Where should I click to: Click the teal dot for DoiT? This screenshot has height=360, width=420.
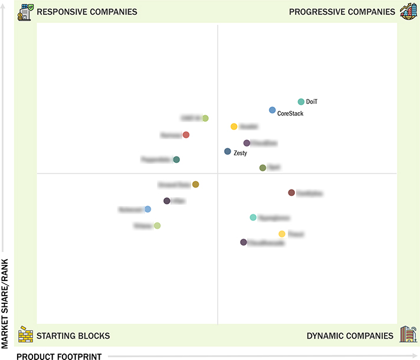(301, 102)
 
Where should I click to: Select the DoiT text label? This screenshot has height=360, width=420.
(312, 102)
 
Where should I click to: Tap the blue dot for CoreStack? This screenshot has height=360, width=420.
(272, 110)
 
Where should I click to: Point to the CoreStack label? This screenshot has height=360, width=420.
(290, 113)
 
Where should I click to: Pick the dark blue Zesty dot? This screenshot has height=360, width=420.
(228, 152)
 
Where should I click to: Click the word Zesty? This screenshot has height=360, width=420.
(240, 153)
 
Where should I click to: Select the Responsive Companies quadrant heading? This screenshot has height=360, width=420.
(87, 12)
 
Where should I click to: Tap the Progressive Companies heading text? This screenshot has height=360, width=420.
(342, 12)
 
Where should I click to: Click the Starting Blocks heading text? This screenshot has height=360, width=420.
(73, 336)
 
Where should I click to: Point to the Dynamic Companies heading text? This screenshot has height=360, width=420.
(350, 336)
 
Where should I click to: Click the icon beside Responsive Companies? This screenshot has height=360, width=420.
(25, 11)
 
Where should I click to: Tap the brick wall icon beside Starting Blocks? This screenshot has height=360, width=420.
(25, 335)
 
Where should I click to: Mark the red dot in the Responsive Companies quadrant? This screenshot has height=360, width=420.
(186, 135)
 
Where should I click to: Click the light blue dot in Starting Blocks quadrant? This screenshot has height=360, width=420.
(147, 209)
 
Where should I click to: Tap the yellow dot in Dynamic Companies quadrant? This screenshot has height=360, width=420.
(282, 234)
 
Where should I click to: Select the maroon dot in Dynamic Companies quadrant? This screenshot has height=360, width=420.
(291, 192)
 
